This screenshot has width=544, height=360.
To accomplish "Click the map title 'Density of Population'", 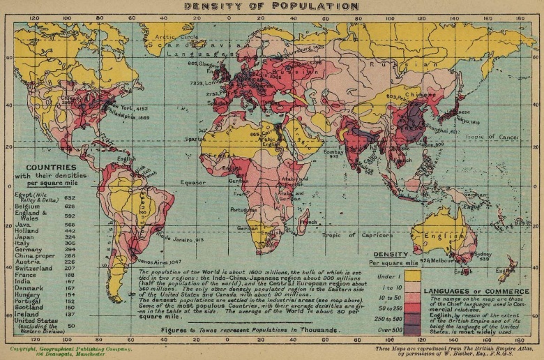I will pyautogui.click(x=271, y=6).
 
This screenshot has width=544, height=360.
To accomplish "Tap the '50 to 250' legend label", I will pyautogui.click(x=385, y=299).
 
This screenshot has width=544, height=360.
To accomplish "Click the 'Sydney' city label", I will pyautogui.click(x=483, y=255).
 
